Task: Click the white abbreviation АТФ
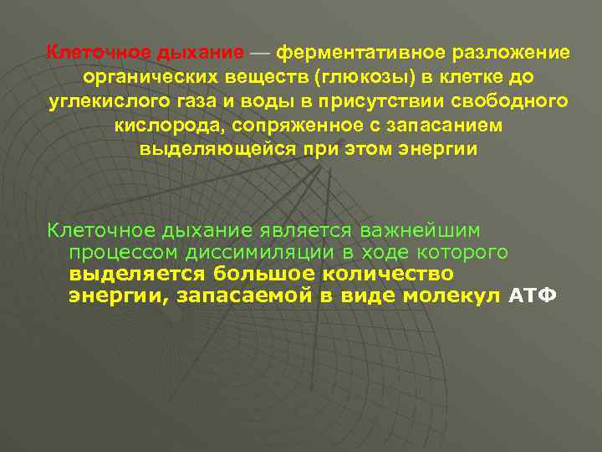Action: (x=533, y=297)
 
